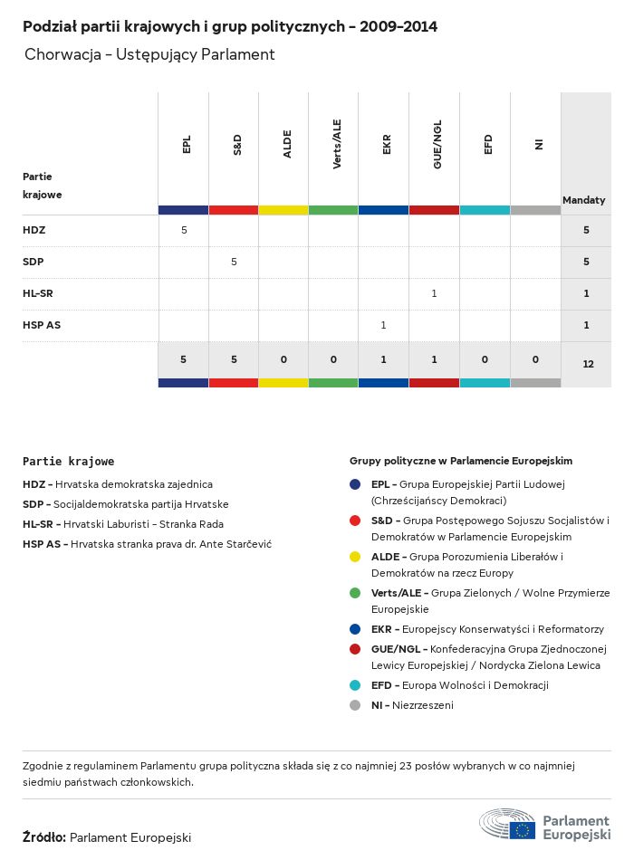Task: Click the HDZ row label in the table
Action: coord(34,230)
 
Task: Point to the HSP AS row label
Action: coord(42,325)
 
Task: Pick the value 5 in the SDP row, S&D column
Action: coord(234,262)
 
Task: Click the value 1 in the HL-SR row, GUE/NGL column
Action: coord(434,293)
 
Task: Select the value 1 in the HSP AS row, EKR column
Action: coord(384,325)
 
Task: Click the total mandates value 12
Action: coord(588,364)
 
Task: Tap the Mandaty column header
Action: coord(584,200)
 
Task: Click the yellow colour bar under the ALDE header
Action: coord(283,210)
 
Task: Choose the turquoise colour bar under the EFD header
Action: coord(485,210)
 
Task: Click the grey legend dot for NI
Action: coord(355,705)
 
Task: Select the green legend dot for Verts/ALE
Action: coord(355,593)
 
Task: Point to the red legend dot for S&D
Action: coord(355,521)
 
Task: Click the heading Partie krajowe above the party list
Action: coord(69,461)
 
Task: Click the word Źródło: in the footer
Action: coord(43,837)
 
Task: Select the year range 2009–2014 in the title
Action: coord(399,27)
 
